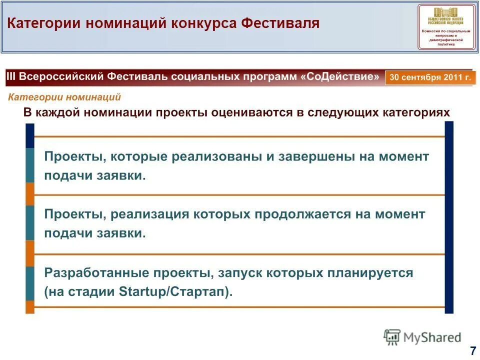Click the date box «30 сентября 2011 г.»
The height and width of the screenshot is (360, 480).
[x=430, y=78]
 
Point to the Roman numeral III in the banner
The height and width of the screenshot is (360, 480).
[x=12, y=77]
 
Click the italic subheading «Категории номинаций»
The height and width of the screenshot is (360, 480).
[x=64, y=97]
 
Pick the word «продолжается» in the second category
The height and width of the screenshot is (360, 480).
[x=294, y=214]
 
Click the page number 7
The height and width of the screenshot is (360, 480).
[x=472, y=350]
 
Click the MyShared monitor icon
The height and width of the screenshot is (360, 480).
[x=392, y=337]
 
